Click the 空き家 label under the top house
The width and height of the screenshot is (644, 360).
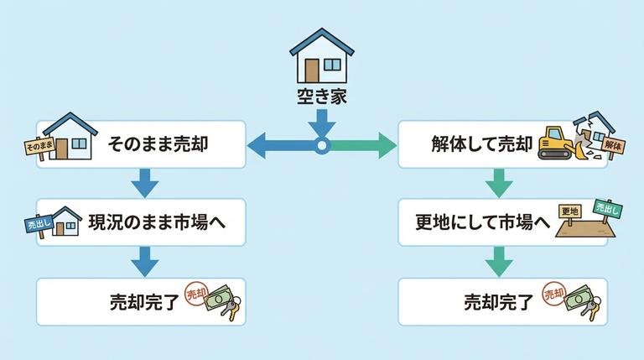pos(321,97)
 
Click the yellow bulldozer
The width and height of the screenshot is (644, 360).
pos(554,143)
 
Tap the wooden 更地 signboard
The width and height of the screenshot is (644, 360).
pos(570,211)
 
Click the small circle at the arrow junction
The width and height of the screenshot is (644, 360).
pos(321,147)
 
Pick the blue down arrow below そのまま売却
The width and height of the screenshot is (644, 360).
pos(144,181)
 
